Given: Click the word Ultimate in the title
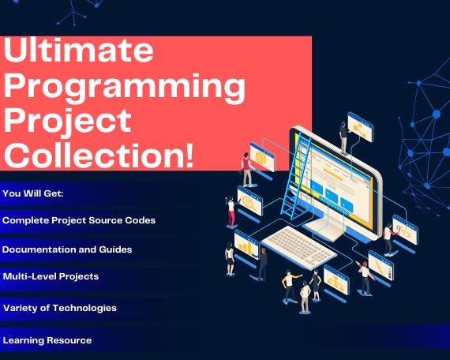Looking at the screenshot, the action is click(x=79, y=50).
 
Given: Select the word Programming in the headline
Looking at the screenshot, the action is click(x=125, y=88).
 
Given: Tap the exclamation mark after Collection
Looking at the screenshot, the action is click(x=189, y=156).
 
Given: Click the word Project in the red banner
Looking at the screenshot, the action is click(x=68, y=122).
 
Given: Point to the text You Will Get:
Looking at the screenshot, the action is click(x=33, y=193).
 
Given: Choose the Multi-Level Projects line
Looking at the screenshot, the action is click(x=51, y=276).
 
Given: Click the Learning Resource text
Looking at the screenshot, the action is click(x=47, y=340).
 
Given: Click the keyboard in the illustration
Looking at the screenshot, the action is click(x=299, y=247).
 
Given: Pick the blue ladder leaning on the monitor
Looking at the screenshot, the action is click(x=296, y=175).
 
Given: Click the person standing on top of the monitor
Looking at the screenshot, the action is click(x=343, y=138).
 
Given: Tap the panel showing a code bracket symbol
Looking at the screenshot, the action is click(x=405, y=230).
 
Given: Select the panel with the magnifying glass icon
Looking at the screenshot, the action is click(x=249, y=201).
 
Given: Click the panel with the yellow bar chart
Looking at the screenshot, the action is click(x=246, y=245).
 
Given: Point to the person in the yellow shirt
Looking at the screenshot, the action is click(x=290, y=287).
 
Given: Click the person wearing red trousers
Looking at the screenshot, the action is click(x=231, y=212).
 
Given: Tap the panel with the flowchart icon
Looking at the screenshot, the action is click(x=336, y=279).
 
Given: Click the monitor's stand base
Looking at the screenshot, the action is click(x=326, y=229).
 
